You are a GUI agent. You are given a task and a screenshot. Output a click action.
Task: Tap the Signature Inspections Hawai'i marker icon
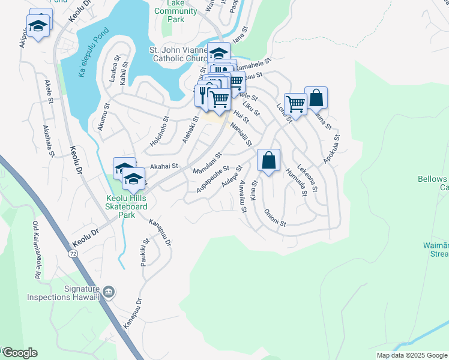point(109,292)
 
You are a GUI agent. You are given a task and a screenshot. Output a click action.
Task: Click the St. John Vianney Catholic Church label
point(178,54)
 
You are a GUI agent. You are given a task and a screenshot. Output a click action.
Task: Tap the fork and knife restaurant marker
point(203,95)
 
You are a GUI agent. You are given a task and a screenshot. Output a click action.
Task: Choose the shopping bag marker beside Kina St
point(269,160)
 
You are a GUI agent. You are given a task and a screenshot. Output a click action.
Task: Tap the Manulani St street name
point(207,163)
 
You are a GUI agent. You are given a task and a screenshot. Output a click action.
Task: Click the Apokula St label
point(331,149)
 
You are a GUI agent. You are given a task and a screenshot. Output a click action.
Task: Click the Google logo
point(20,352)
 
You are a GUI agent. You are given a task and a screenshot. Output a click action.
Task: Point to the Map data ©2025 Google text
point(411,355)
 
